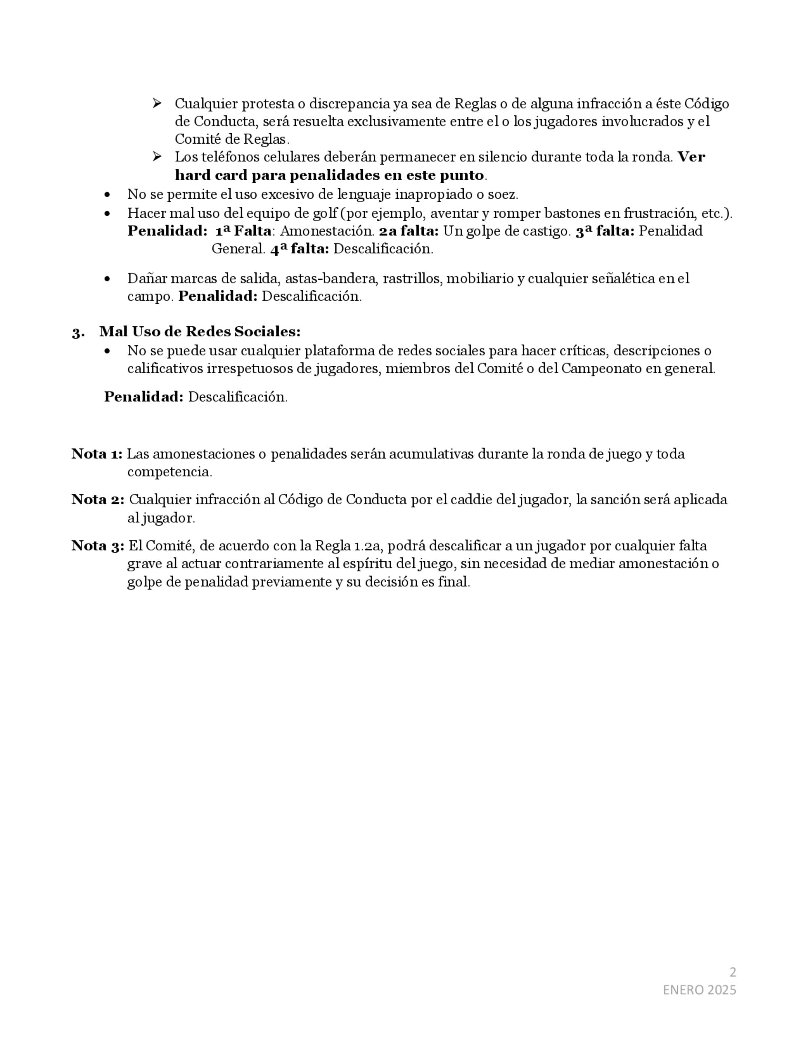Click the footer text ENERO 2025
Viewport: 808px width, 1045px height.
tap(699, 990)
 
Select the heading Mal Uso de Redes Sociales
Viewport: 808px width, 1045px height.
tap(200, 332)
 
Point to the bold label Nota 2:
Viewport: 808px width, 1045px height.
tap(98, 499)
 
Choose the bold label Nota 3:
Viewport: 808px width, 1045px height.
tap(98, 546)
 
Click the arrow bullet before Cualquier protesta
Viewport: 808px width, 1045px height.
tap(156, 103)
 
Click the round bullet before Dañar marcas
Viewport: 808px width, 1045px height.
tap(107, 279)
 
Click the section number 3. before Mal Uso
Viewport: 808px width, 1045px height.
tap(78, 332)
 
